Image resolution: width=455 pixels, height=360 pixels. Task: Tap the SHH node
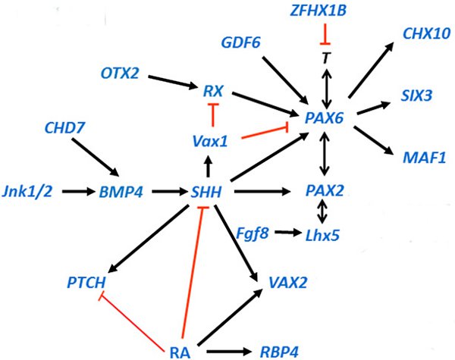click(x=206, y=192)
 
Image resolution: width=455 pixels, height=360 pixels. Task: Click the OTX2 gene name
click(x=121, y=73)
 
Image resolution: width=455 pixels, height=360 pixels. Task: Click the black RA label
click(x=180, y=351)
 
